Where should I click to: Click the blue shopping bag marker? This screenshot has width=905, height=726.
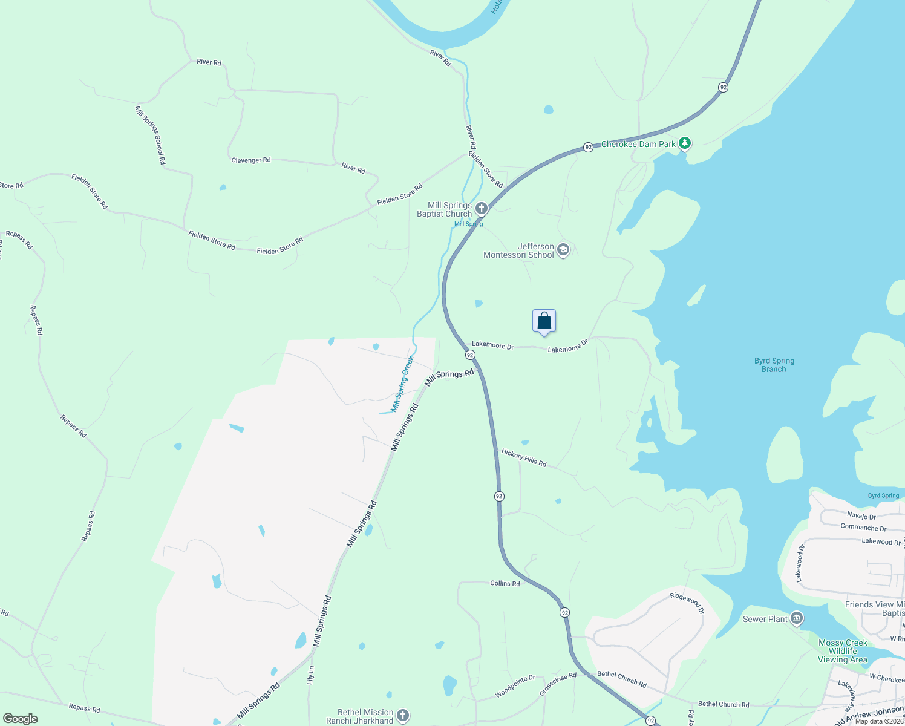pyautogui.click(x=544, y=321)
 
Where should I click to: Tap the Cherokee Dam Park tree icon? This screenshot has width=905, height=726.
pyautogui.click(x=684, y=143)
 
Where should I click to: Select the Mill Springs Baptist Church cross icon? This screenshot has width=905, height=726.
pyautogui.click(x=482, y=209)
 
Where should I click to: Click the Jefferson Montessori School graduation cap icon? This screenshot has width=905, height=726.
pyautogui.click(x=563, y=250)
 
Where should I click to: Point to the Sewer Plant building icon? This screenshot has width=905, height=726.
pyautogui.click(x=797, y=618)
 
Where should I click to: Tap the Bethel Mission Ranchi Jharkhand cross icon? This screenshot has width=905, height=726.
pyautogui.click(x=403, y=716)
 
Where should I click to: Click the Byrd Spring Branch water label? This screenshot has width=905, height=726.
pyautogui.click(x=774, y=365)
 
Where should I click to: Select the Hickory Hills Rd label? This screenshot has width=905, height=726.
pyautogui.click(x=524, y=458)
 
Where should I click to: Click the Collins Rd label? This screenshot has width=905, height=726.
pyautogui.click(x=505, y=583)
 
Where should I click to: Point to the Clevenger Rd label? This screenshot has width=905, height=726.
pyautogui.click(x=251, y=160)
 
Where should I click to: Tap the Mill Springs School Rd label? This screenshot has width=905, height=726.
pyautogui.click(x=150, y=136)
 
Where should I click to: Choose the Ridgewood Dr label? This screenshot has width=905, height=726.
pyautogui.click(x=687, y=603)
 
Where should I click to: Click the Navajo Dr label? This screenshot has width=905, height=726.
pyautogui.click(x=861, y=516)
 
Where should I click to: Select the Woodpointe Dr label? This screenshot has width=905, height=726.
pyautogui.click(x=515, y=686)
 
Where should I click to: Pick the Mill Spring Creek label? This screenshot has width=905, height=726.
pyautogui.click(x=402, y=384)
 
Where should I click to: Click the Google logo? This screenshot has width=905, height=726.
pyautogui.click(x=21, y=718)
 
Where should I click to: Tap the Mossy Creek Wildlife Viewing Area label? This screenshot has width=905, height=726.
pyautogui.click(x=843, y=651)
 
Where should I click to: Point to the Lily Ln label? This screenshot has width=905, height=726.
pyautogui.click(x=311, y=675)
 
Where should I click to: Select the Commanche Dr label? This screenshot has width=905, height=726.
pyautogui.click(x=863, y=528)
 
